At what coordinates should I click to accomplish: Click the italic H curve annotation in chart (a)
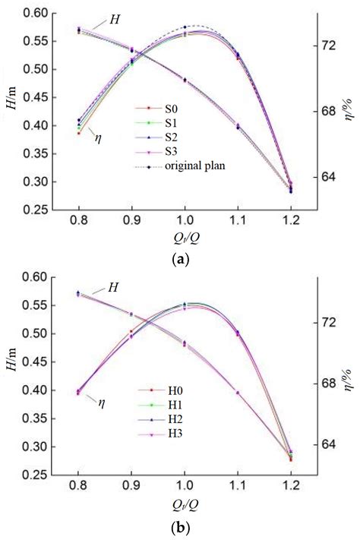coord(115,18)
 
